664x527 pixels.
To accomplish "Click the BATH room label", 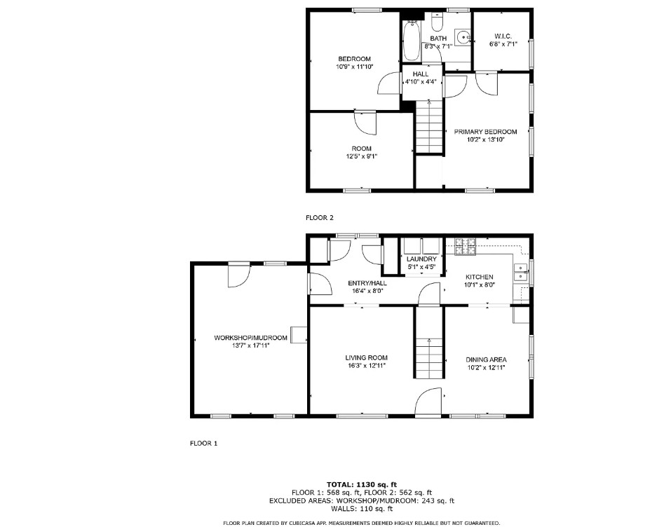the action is point(438,38).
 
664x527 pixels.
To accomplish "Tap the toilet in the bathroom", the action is point(437,20).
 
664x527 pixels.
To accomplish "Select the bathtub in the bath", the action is point(411,41).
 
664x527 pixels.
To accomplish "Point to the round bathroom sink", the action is point(463,37).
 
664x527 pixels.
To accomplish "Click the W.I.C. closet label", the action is point(503,36).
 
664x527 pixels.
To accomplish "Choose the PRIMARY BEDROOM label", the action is point(485,132).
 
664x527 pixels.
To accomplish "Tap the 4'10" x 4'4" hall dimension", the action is point(421,82).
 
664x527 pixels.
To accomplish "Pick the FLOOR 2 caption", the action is point(320,217).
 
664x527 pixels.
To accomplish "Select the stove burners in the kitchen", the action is point(466,247).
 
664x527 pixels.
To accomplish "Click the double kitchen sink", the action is point(520,272).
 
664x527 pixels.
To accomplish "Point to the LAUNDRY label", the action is point(421,259).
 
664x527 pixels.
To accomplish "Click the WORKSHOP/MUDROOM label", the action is point(251,338).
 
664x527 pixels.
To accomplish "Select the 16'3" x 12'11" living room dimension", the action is point(366,366).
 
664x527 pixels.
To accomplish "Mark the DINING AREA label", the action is point(486,360).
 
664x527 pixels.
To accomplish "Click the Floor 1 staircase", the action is point(429,342).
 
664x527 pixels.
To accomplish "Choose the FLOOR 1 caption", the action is point(204,443).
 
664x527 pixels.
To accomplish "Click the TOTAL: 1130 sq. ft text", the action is point(362,484).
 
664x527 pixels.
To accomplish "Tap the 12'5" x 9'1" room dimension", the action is point(361,156).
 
